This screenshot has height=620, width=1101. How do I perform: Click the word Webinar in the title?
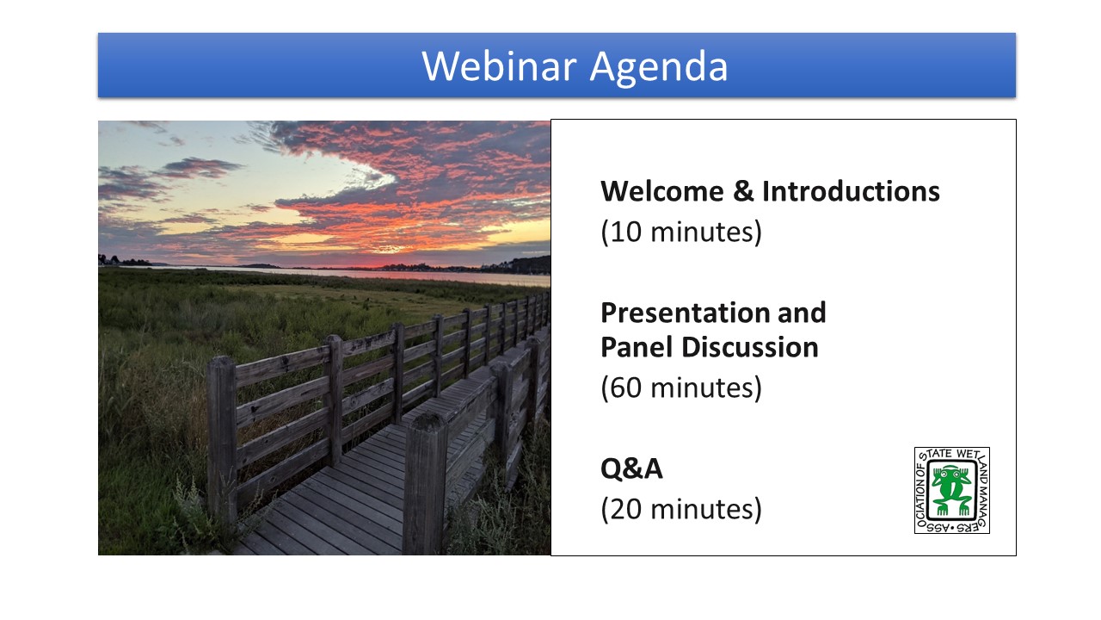500,66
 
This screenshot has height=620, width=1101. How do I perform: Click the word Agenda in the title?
659,68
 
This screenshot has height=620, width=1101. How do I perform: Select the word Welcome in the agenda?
662,191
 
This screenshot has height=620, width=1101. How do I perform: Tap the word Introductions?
851,191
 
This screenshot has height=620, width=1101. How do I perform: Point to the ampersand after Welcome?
743,191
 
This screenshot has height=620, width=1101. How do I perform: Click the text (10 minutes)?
681,232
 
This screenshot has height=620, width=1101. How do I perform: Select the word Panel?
637,347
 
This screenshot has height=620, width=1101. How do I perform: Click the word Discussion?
750,347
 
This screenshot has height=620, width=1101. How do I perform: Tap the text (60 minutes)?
681,387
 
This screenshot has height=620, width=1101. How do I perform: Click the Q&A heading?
631,468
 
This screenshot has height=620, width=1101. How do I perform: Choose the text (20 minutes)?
681,509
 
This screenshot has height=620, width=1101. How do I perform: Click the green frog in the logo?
952,491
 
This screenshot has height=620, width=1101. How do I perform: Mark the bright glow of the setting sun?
388,250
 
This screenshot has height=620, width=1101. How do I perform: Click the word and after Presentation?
802,313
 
